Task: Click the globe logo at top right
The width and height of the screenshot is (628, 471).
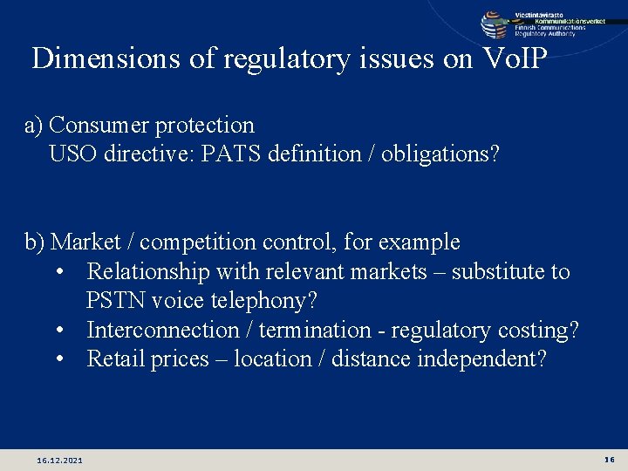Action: [x=495, y=24]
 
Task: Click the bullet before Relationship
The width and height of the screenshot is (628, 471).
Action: [x=58, y=272]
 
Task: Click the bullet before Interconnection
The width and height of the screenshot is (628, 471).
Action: [x=58, y=331]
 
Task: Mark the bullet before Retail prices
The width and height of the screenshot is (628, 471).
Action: [x=58, y=359]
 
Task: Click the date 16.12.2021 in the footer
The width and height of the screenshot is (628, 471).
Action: [x=60, y=460]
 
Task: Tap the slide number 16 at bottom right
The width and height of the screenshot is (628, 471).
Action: [x=609, y=459]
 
